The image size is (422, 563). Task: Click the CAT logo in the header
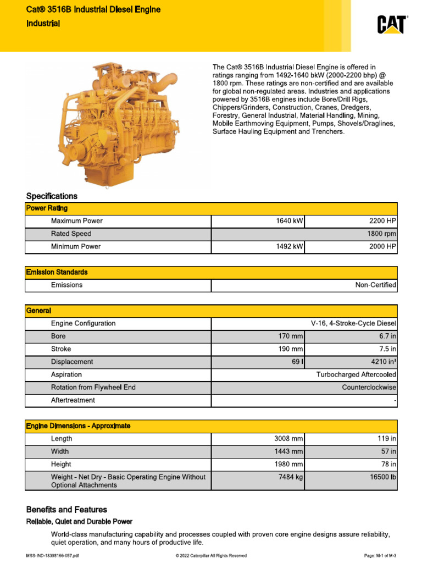[x=391, y=25]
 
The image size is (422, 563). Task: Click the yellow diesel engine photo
[x=119, y=123]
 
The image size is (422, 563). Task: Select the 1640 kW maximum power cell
[x=289, y=221]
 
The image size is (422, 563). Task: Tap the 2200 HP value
[x=383, y=221]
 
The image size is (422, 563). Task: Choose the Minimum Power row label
[x=76, y=247]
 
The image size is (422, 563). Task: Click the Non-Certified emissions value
[x=376, y=285]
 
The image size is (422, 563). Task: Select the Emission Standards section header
[x=57, y=272]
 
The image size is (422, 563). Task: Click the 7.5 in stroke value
[x=387, y=349]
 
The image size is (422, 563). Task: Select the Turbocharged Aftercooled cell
[x=356, y=374]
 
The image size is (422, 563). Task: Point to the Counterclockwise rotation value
[x=369, y=388]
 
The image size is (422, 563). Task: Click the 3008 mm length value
[x=288, y=439]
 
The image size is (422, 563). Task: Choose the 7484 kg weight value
[x=291, y=477]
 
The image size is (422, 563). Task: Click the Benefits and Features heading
[x=66, y=510]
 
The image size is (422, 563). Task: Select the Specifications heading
[x=52, y=196]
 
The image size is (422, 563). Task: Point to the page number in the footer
[x=380, y=556]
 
